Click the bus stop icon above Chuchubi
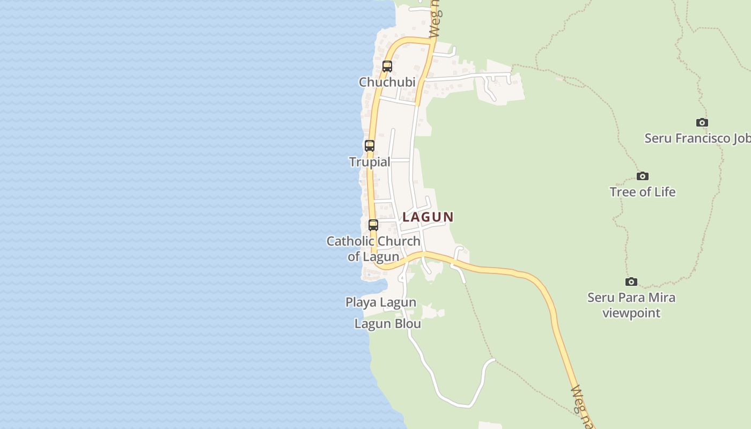coord(387,66)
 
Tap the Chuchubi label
coord(387,82)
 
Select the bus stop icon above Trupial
coord(370,146)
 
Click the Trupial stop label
coord(370,161)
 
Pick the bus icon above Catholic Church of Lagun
coord(373,225)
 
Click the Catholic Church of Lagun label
coord(373,249)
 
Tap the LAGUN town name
coord(428,217)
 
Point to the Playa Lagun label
coord(381,302)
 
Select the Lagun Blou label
coord(388,324)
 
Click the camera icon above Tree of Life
coord(643,176)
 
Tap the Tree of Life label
coord(643,192)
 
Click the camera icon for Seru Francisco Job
coord(702,122)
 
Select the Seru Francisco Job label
coord(697,138)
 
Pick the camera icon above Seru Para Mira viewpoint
coord(631,282)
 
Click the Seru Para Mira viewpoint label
coord(631,305)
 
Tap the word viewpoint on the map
coord(631,313)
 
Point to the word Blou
coord(408,324)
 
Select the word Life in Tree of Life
coord(664,192)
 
